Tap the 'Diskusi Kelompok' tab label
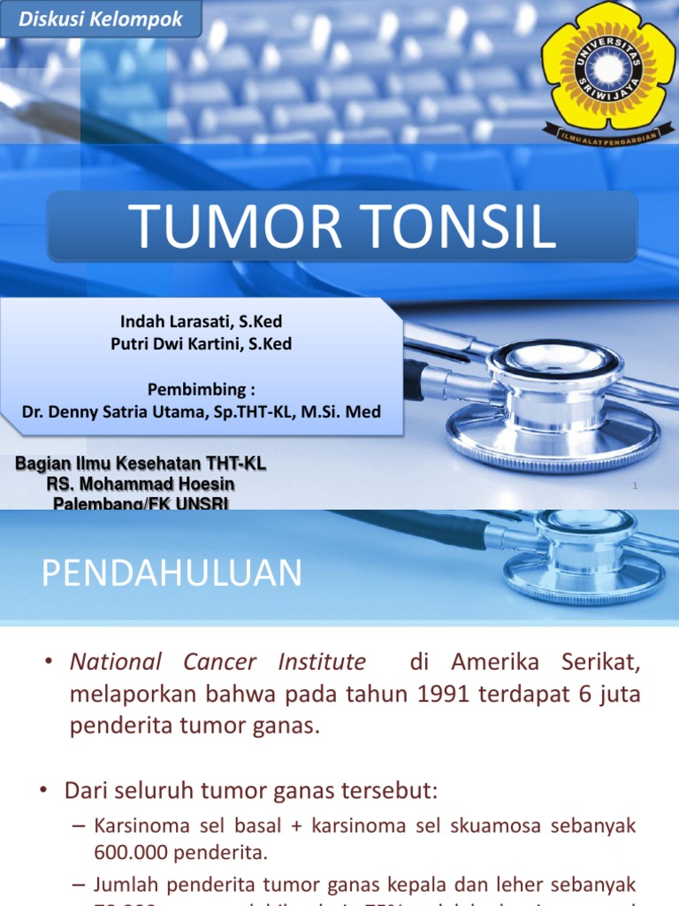point(101,19)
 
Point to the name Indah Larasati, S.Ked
point(202,322)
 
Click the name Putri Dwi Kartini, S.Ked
point(202,344)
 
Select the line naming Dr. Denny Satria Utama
point(202,412)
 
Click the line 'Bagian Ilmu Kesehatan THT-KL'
point(141,464)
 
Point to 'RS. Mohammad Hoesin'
point(141,484)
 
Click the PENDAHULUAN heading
point(172,573)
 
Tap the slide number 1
point(635,486)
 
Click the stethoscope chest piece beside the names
point(554,394)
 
